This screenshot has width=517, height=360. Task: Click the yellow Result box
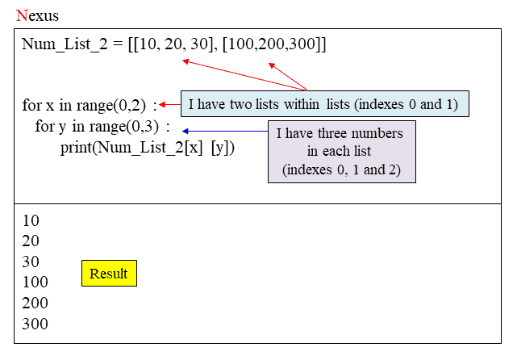tap(109, 274)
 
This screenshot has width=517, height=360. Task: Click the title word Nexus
tap(36, 15)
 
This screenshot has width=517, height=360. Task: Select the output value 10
tap(31, 220)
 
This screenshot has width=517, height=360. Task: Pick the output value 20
tap(31, 241)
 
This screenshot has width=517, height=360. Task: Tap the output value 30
tap(31, 262)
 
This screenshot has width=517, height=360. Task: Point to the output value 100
tap(35, 283)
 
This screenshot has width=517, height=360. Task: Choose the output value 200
tap(35, 303)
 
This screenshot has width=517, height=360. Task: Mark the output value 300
tap(35, 324)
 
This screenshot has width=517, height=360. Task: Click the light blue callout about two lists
tap(324, 104)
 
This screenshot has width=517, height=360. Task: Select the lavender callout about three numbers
tap(340, 152)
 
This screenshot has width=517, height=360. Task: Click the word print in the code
tap(77, 148)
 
